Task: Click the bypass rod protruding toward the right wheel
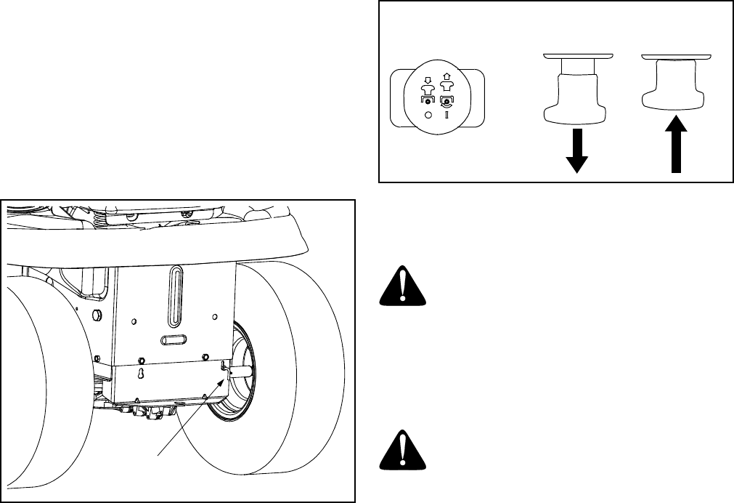tap(240, 371)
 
